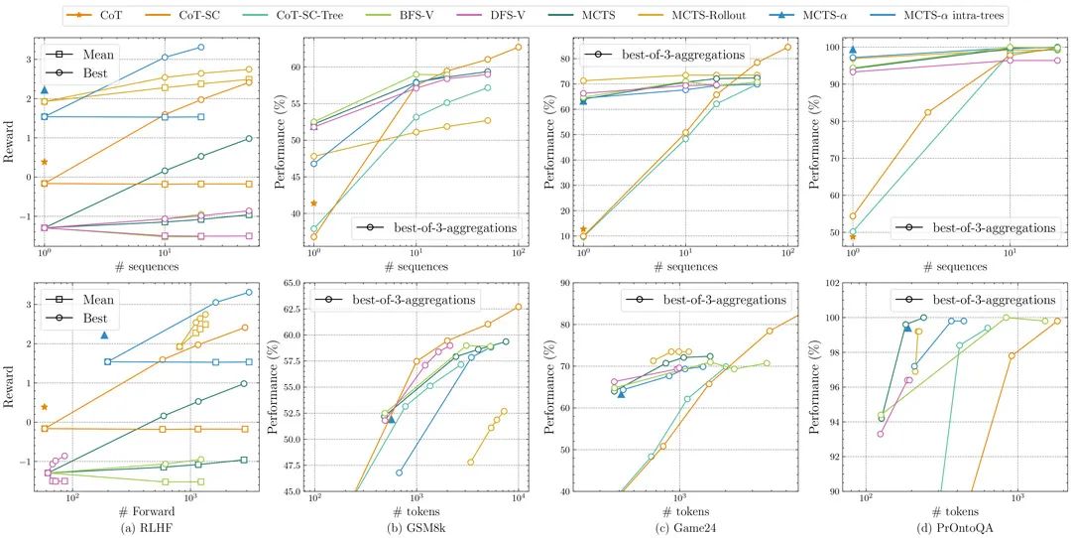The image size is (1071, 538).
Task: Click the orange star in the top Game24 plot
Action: click(x=583, y=229)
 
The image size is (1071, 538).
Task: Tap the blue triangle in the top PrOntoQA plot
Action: click(x=853, y=50)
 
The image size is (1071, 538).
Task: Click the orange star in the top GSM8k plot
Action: click(x=314, y=203)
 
